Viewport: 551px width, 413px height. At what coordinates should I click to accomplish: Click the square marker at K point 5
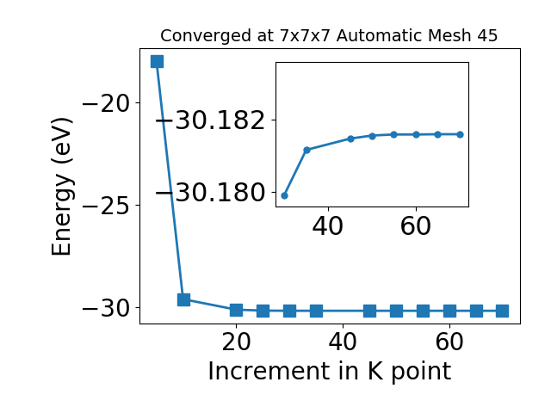157,61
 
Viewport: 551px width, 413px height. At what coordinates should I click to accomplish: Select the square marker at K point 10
183,300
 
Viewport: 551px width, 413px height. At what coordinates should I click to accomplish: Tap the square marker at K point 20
236,310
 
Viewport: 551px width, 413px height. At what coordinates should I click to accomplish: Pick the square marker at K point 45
369,311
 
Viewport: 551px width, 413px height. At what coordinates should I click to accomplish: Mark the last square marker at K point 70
503,311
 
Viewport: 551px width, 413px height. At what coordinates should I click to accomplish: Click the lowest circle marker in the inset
285,195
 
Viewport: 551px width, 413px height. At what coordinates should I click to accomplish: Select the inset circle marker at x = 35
306,150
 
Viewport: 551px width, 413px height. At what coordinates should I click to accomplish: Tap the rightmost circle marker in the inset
460,134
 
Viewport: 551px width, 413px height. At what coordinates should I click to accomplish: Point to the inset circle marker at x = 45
350,139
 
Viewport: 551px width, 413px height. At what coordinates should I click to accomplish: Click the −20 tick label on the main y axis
106,103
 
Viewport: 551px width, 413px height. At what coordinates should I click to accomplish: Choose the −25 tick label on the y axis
106,206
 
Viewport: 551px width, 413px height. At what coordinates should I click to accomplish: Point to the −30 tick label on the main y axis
106,309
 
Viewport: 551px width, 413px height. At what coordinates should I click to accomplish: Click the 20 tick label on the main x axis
236,342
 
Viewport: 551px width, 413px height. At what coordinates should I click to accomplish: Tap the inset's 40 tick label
327,225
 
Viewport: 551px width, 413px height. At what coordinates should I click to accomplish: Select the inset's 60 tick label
415,225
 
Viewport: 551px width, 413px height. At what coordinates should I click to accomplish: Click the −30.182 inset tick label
210,120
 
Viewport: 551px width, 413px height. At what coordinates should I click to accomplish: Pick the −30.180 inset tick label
210,193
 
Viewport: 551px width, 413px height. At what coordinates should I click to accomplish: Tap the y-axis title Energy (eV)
62,187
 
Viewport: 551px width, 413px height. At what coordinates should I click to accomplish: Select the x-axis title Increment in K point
330,372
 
